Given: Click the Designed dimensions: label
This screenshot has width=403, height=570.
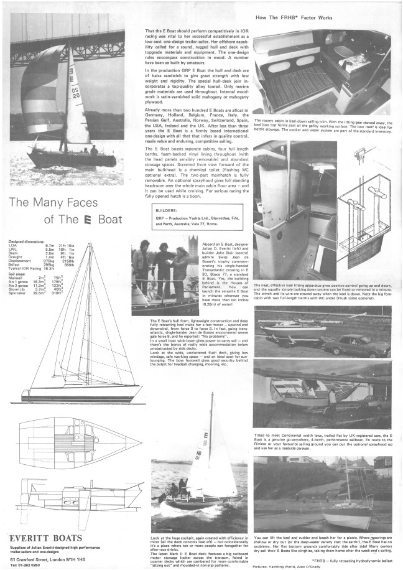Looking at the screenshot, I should click(29, 239).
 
